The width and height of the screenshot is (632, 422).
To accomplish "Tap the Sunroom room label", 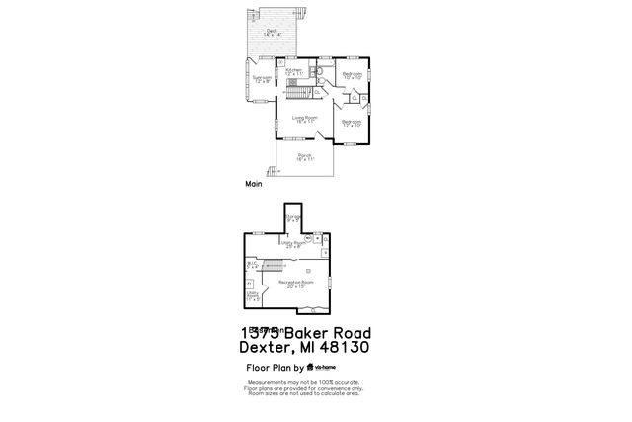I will point(262,78).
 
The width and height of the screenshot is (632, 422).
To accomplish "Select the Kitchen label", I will point(294,72).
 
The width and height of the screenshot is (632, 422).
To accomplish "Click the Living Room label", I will point(304,119).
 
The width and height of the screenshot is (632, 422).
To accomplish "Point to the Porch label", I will point(304,157).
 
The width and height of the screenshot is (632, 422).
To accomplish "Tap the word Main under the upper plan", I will point(254,184).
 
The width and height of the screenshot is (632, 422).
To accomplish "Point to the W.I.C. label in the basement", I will point(252,265).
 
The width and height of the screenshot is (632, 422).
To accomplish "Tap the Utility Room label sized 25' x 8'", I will point(294,243).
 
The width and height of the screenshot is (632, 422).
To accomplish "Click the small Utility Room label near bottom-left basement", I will point(253,295).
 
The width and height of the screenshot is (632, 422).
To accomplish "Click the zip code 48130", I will point(342,347).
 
